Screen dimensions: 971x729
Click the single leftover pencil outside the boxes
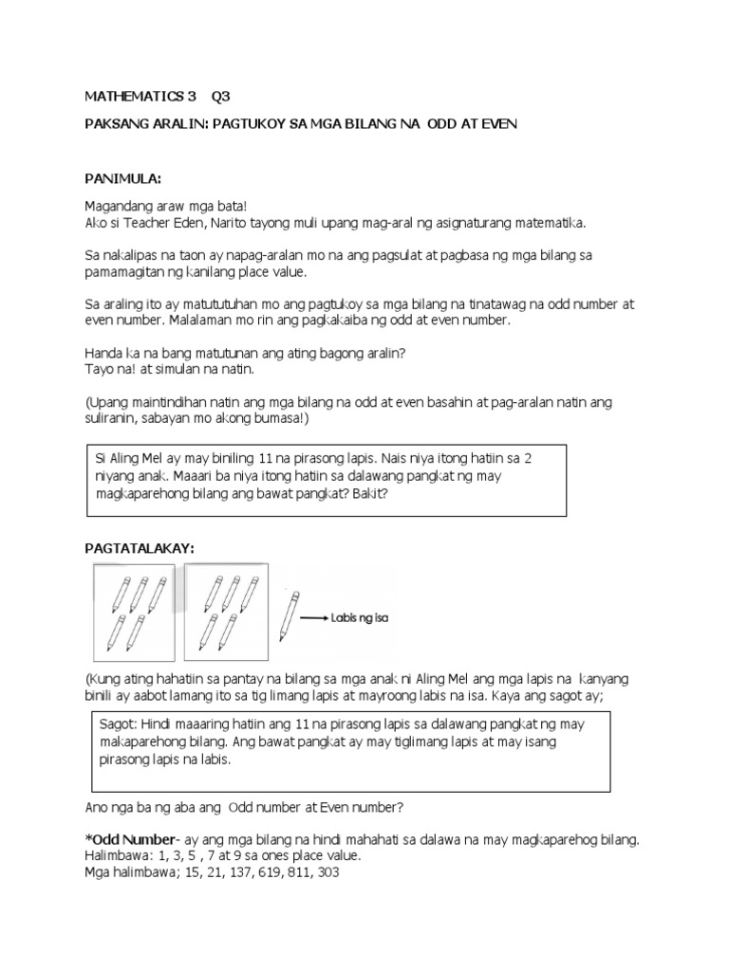[x=289, y=616]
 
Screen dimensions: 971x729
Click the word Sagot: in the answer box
[x=118, y=724]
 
